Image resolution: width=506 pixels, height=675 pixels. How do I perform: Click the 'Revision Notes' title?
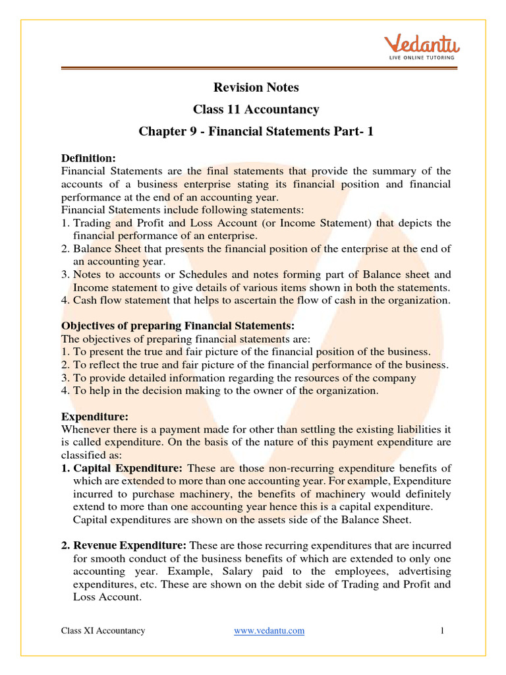[x=256, y=88]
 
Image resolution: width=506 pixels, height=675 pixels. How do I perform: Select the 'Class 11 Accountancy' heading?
[x=256, y=109]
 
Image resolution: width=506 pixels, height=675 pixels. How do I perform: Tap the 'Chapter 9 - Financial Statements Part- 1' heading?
[x=256, y=131]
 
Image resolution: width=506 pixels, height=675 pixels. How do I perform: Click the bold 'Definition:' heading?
[x=88, y=158]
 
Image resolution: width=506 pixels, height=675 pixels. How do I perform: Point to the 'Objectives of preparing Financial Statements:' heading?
[x=178, y=326]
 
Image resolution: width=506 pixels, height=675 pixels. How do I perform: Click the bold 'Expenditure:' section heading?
[x=95, y=417]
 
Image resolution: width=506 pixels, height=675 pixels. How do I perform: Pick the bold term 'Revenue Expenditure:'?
[x=130, y=545]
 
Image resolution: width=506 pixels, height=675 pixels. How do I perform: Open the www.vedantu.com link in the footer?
[x=269, y=631]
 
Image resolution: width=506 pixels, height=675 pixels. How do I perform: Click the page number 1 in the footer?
[x=443, y=631]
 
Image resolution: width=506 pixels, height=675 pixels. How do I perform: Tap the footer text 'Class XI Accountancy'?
[x=103, y=631]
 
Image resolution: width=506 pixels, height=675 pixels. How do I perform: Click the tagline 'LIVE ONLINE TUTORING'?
[x=422, y=58]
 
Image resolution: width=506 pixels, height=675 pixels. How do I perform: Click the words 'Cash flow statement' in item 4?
[x=117, y=301]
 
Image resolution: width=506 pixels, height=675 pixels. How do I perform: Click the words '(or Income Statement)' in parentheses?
[x=318, y=223]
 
